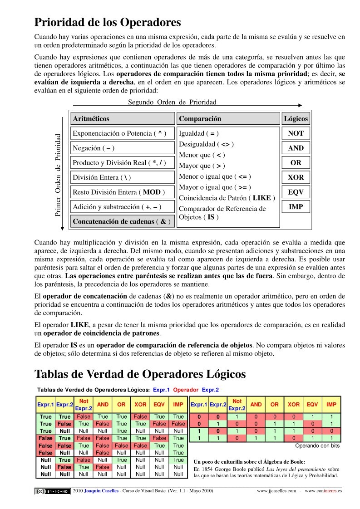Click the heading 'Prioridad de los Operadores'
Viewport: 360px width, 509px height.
108,22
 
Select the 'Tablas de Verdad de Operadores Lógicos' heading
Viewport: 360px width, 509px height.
140,374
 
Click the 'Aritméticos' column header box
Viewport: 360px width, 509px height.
123,119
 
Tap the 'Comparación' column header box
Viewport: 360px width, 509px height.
228,119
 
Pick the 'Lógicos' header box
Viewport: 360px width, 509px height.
296,119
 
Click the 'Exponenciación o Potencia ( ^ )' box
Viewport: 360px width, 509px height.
123,133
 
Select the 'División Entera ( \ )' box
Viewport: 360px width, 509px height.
123,177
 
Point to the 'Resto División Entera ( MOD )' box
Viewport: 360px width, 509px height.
123,192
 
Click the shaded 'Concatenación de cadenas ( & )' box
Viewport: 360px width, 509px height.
123,222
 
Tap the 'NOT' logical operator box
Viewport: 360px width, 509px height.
296,133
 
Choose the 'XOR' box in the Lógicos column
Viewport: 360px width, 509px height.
296,177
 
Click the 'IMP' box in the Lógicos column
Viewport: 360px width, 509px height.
296,207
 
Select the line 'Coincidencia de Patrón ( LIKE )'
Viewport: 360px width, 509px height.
227,198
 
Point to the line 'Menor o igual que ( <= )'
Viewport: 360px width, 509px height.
215,176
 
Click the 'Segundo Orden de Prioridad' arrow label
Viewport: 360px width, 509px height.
172,102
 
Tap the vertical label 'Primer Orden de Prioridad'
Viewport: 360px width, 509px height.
58,175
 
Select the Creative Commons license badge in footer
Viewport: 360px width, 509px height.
53,491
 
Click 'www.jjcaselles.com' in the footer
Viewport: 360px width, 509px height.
276,491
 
